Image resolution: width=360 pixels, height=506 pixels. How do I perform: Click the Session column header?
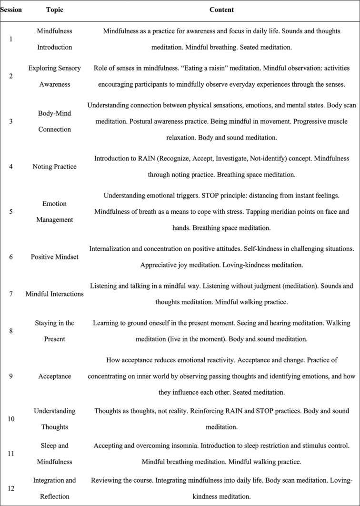pyautogui.click(x=11, y=10)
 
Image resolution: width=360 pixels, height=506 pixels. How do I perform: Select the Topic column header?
pyautogui.click(x=54, y=10)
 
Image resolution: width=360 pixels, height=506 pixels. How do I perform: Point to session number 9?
pyautogui.click(x=11, y=376)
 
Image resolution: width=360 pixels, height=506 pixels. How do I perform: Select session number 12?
pyautogui.click(x=11, y=489)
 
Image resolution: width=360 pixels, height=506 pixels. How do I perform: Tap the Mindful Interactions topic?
pyautogui.click(x=54, y=294)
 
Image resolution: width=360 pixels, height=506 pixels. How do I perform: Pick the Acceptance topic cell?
pyautogui.click(x=54, y=376)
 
